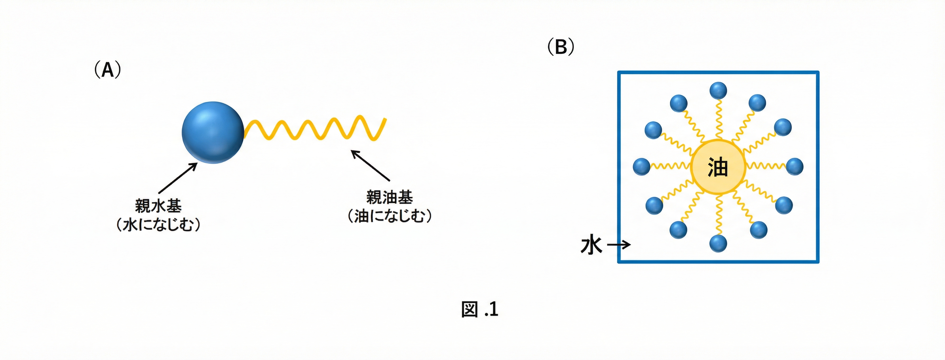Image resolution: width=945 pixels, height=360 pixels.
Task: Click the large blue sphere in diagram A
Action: click(213, 132)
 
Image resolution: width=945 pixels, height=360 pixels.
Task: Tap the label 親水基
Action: click(158, 206)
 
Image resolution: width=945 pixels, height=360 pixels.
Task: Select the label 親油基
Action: click(389, 197)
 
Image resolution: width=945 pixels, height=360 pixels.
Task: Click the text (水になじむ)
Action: click(158, 224)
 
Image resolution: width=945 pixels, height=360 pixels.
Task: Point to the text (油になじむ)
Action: click(389, 216)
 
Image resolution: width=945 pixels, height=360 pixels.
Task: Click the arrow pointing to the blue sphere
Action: click(178, 178)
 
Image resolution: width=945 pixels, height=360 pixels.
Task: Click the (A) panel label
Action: click(107, 70)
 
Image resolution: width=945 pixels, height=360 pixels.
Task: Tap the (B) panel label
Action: click(561, 47)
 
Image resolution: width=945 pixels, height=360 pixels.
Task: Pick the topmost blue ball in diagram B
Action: click(718, 90)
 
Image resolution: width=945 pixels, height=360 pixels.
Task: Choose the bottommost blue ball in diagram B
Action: click(718, 243)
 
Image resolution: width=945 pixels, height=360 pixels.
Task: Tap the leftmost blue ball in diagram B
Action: click(642, 166)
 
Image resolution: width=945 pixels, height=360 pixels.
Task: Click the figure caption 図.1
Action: click(480, 309)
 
